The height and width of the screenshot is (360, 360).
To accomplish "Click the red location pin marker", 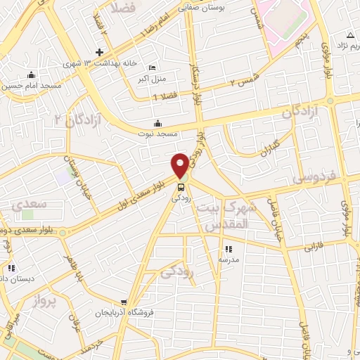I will pyautogui.click(x=180, y=165).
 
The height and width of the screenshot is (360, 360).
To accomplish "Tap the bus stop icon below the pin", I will pyautogui.click(x=181, y=188).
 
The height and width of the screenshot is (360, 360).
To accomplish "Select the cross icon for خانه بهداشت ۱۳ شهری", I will pyautogui.click(x=100, y=52).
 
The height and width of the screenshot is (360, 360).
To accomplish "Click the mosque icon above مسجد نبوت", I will pyautogui.click(x=157, y=122).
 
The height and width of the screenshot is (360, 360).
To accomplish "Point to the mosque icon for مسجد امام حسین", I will pyautogui.click(x=30, y=75).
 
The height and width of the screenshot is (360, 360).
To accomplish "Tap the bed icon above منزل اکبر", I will pyautogui.click(x=153, y=68).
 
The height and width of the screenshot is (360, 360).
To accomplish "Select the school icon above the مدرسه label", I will pyautogui.click(x=227, y=249).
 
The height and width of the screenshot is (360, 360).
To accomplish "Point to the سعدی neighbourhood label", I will pyautogui.click(x=29, y=205).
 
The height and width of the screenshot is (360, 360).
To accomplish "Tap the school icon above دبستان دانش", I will pyautogui.click(x=11, y=268).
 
